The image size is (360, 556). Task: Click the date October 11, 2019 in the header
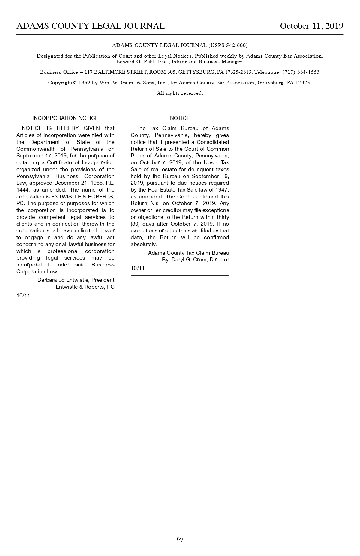coord(311,26)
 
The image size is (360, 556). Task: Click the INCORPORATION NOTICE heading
coord(65,118)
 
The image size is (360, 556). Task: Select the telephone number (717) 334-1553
coord(301,72)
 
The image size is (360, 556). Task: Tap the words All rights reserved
coord(180,93)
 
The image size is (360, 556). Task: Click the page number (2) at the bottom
coord(180,539)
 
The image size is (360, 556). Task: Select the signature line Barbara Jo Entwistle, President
coord(76,280)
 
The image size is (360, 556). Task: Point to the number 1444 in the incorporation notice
coord(23,190)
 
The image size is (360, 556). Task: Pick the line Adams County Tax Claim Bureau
coord(188,253)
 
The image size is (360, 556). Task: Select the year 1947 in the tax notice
coord(222,190)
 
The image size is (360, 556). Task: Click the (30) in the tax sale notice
coord(135,224)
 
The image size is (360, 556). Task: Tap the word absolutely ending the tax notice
coord(143,244)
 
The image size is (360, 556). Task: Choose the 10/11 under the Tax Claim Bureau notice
coord(138,268)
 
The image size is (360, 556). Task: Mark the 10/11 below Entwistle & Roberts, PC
coord(23,296)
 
